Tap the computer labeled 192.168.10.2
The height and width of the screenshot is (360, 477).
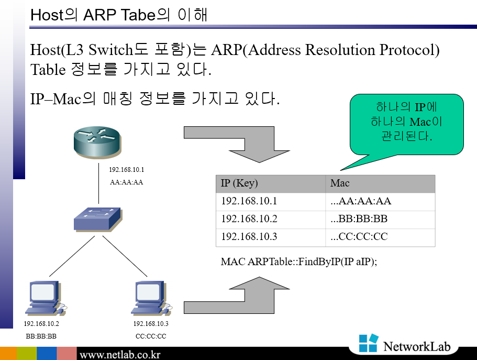click(x=46, y=298)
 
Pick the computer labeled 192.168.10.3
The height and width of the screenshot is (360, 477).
click(x=151, y=298)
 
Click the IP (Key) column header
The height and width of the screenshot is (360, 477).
click(x=240, y=183)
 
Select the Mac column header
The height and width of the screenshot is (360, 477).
click(x=340, y=183)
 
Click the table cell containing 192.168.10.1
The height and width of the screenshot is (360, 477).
click(x=249, y=201)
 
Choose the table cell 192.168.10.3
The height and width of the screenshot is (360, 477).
click(x=249, y=237)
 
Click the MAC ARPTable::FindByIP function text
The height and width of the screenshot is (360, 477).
click(x=299, y=261)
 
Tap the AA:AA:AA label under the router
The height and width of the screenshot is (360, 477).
click(x=126, y=183)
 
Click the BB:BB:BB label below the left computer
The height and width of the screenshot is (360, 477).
click(x=41, y=336)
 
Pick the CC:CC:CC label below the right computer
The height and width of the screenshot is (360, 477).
click(x=151, y=336)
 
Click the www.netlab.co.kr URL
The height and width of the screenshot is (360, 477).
click(x=120, y=354)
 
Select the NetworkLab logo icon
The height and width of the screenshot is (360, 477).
click(x=369, y=344)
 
